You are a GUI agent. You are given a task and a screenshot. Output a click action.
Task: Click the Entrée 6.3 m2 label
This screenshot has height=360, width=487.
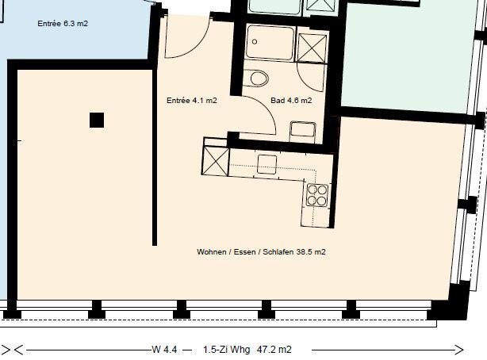[x=63, y=23]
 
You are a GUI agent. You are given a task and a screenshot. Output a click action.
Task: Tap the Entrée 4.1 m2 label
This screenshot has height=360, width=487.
[x=192, y=101]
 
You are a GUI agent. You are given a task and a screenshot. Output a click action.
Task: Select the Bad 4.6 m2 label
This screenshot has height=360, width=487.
[x=291, y=101]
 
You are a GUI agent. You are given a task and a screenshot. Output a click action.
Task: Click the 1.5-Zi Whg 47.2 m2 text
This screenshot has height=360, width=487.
[x=247, y=350]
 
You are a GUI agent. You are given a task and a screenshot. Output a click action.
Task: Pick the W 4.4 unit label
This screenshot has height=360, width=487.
[x=164, y=350]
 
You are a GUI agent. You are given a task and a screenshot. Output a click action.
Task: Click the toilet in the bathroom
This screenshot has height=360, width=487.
[x=256, y=78]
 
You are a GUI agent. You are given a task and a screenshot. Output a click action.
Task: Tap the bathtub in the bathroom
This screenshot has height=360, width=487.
[x=270, y=43]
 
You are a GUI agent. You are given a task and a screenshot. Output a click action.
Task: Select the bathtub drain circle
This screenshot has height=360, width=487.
[x=255, y=41]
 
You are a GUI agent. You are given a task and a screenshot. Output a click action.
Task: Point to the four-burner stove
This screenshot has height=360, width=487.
[x=317, y=195]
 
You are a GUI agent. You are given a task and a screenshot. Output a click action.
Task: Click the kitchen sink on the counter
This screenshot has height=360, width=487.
[x=267, y=164]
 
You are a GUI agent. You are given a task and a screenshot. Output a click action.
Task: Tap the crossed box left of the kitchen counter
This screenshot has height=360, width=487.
[x=215, y=161]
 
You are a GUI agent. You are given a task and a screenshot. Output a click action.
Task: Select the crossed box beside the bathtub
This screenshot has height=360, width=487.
[x=312, y=48]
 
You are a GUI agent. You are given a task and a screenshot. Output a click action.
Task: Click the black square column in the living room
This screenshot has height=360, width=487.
[x=97, y=121]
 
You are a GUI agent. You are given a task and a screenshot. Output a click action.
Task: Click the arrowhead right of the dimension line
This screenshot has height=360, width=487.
[x=459, y=350]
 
